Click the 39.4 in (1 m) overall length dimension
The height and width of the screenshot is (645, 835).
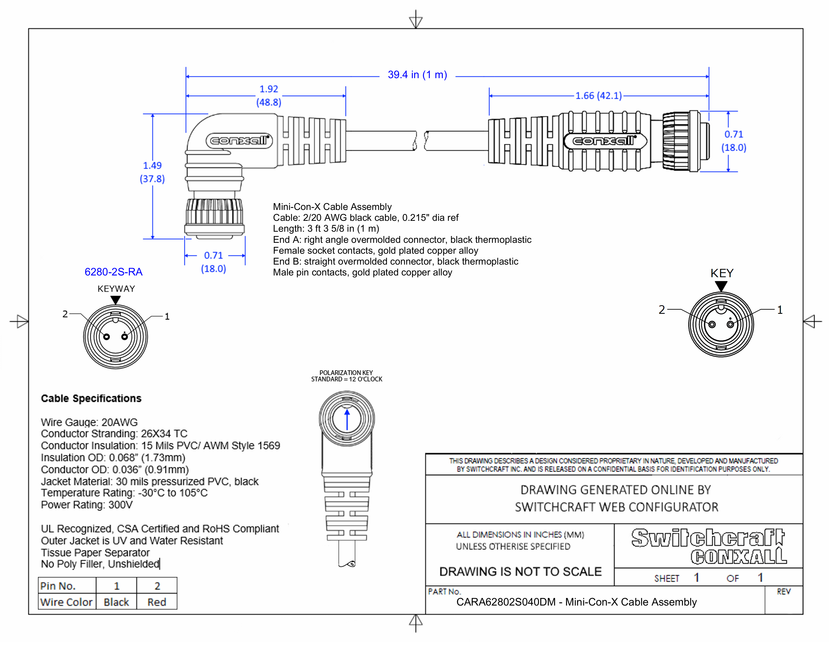417,75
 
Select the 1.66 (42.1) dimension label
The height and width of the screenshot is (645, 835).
598,96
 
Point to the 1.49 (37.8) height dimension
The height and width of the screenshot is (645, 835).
152,172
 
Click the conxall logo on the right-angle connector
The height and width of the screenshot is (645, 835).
239,141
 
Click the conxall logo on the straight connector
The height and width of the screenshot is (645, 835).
605,141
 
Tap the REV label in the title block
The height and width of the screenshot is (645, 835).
783,592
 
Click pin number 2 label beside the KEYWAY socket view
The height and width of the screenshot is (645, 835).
65,314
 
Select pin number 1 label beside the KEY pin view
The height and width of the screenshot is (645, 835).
780,310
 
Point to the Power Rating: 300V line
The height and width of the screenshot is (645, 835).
87,505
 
